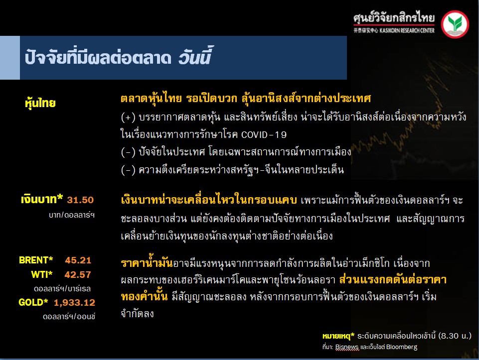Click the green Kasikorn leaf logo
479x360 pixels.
click(455, 24)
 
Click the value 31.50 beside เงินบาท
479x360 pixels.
click(80, 200)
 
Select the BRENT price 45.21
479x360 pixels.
click(78, 260)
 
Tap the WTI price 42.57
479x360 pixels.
click(78, 274)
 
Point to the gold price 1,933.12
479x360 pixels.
click(75, 303)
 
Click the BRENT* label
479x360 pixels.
click(36, 260)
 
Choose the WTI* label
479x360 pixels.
click(41, 274)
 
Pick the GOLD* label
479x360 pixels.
click(33, 302)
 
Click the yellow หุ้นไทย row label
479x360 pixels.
click(40, 103)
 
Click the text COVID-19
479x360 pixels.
click(264, 134)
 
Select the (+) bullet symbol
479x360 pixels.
click(128, 117)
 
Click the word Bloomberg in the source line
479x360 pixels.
click(402, 347)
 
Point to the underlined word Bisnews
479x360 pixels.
click(347, 347)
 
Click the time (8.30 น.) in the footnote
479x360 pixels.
click(455, 336)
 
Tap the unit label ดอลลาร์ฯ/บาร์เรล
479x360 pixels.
click(62, 289)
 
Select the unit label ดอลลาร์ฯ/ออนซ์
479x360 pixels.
click(69, 317)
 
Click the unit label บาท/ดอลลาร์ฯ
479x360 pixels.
click(72, 215)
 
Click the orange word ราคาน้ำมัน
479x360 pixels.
click(147, 262)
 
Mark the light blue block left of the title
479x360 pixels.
click(10, 58)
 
